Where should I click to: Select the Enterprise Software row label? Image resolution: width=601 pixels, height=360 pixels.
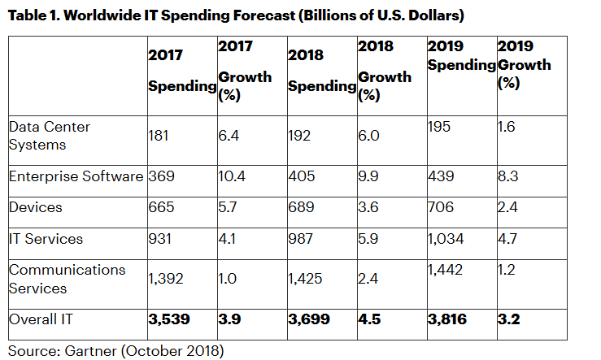76,176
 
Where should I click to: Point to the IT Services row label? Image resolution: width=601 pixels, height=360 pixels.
46,239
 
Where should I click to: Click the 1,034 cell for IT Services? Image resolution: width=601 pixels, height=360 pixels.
446,239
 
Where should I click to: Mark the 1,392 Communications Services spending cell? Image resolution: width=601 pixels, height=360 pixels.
166,279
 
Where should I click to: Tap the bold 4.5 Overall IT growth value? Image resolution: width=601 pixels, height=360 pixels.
369,319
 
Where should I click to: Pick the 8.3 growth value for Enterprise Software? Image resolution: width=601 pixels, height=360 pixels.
507,176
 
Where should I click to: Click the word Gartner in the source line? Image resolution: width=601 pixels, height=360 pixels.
86,350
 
